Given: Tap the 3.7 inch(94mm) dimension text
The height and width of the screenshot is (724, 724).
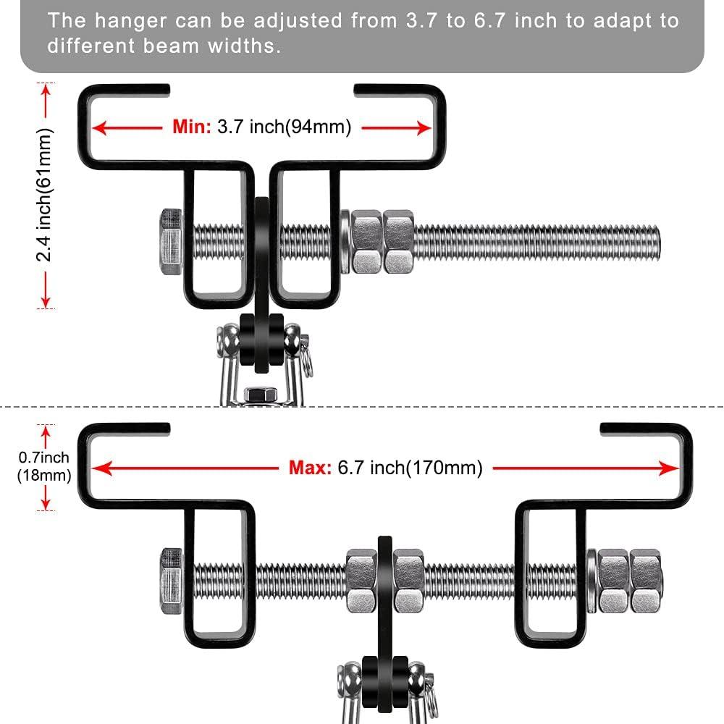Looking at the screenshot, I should tap(284, 127).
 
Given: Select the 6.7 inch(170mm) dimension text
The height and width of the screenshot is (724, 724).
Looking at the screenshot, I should tap(410, 467).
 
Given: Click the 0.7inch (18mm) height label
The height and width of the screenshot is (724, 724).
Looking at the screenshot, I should tap(44, 466).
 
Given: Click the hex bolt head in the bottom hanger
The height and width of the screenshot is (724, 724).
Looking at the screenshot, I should tap(171, 582).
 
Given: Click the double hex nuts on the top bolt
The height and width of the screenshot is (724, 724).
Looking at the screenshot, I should tap(381, 242).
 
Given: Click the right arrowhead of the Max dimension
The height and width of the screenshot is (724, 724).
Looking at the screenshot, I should tap(673, 468).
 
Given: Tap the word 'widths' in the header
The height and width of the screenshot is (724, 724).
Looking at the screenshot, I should tap(240, 48).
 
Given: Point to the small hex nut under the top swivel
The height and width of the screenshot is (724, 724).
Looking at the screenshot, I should tap(260, 395).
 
